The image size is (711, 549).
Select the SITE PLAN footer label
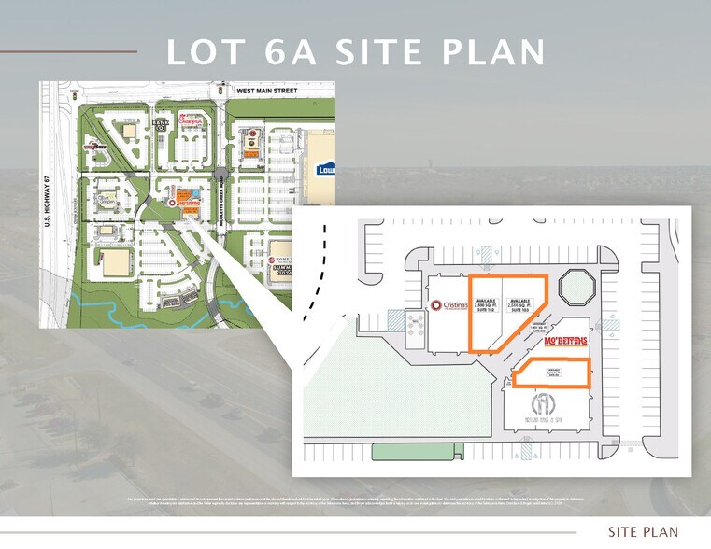643,532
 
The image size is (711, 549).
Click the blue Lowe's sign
326,171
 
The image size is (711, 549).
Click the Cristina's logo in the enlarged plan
449,305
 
